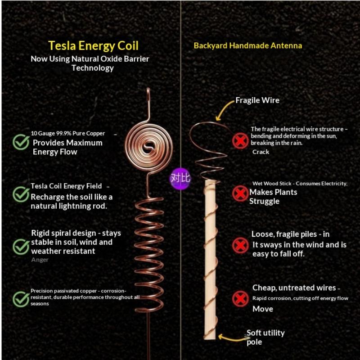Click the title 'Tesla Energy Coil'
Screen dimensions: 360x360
click(x=93, y=45)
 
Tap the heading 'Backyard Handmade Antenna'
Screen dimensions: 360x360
click(x=248, y=45)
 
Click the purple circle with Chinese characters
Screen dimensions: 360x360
click(x=180, y=178)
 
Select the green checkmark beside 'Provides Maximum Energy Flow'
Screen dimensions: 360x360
click(x=21, y=142)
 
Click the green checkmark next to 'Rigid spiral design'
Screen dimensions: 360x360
click(x=21, y=247)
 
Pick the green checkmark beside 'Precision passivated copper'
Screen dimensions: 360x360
click(x=21, y=299)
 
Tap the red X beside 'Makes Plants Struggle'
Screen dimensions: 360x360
click(x=240, y=193)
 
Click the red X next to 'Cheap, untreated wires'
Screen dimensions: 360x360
click(x=240, y=299)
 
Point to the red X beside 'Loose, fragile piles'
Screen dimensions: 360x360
click(x=240, y=245)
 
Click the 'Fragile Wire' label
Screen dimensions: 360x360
click(x=257, y=100)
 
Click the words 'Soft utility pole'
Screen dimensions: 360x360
click(x=265, y=337)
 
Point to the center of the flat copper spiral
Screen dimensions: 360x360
click(x=148, y=147)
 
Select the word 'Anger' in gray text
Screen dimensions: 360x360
click(x=40, y=260)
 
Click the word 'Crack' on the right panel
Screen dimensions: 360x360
click(x=261, y=152)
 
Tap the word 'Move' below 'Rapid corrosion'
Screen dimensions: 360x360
click(x=263, y=309)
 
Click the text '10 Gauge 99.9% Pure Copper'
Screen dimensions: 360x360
click(x=68, y=133)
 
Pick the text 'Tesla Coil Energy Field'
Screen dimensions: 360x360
click(x=66, y=186)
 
